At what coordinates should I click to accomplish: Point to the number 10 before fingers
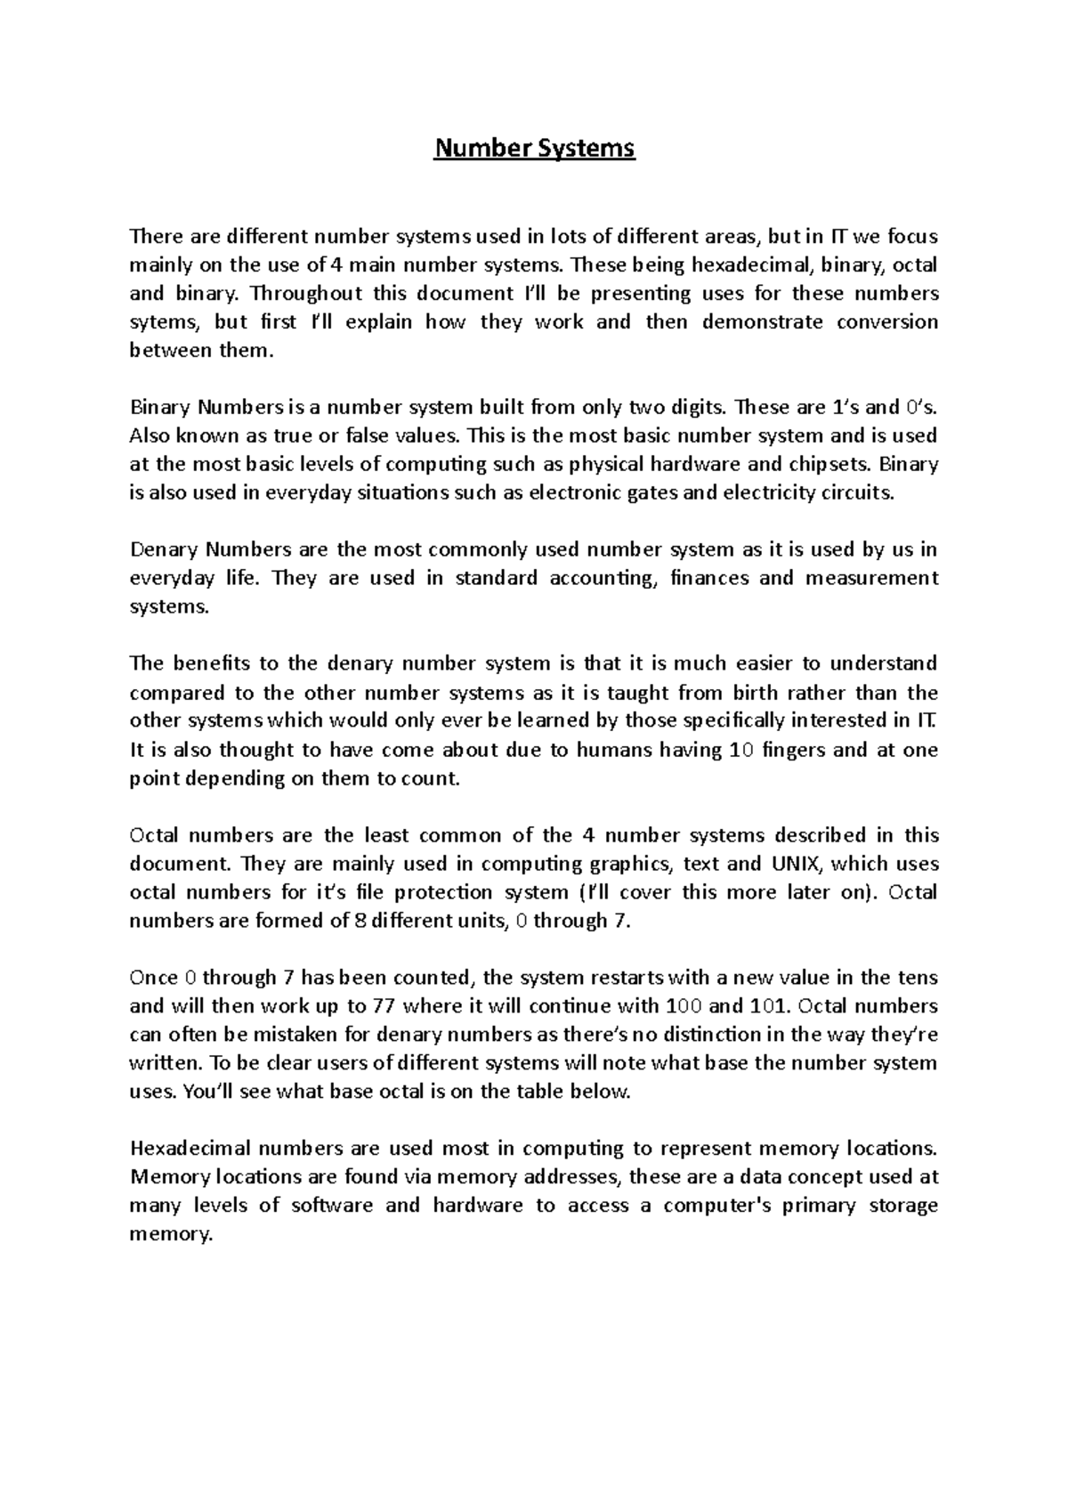(740, 749)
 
